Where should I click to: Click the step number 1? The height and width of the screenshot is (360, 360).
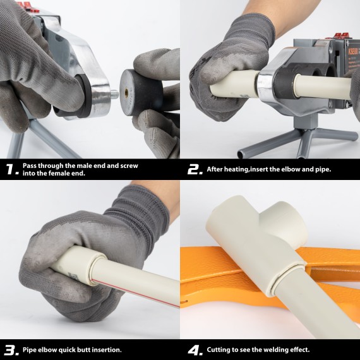[x=10, y=169]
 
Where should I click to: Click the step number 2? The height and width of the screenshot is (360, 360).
[x=194, y=169]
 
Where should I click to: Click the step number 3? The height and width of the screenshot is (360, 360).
[x=10, y=349]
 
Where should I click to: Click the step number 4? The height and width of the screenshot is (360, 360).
[x=194, y=349]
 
